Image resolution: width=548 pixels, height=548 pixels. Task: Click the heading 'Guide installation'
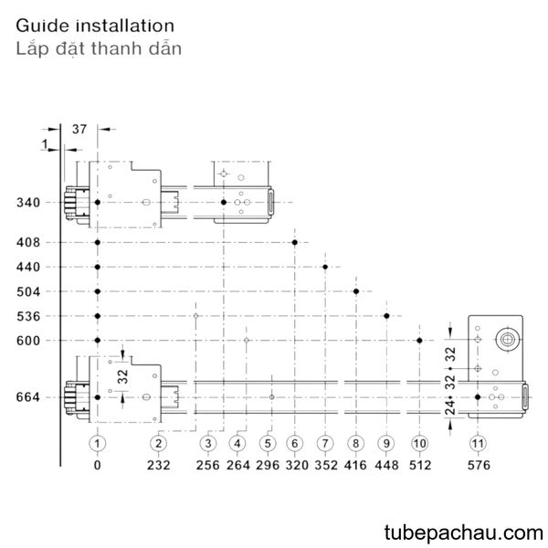point(95,26)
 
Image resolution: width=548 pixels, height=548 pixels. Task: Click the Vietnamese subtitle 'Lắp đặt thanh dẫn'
point(99,48)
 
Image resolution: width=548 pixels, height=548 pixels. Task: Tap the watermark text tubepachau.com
point(463,532)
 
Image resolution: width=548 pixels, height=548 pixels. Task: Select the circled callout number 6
point(295,444)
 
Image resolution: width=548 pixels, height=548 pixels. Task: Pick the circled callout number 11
point(478,444)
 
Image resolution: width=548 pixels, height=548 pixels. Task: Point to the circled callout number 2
point(158,444)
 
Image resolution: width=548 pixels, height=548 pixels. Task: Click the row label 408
point(28,242)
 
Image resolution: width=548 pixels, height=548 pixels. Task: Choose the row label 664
point(28,397)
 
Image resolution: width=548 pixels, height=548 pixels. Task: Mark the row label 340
point(28,203)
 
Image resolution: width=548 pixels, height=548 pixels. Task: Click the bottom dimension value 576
point(479,465)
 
